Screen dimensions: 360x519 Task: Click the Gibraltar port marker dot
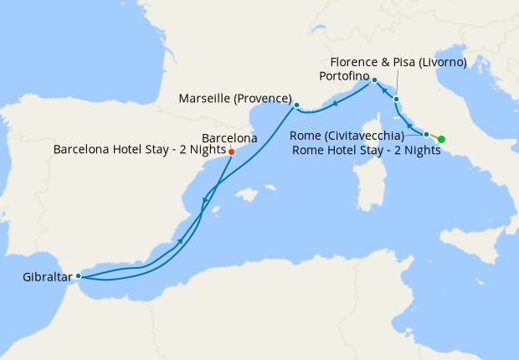[x=78, y=275]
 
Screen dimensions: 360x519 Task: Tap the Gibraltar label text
[x=47, y=275]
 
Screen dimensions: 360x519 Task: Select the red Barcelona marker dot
[x=231, y=152]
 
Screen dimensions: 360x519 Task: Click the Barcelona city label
[x=230, y=137]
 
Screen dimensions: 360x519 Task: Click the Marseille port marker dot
[x=296, y=105]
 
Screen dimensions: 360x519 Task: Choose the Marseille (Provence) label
[x=235, y=99]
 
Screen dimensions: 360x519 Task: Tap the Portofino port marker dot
[x=374, y=80]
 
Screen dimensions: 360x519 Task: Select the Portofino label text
[x=346, y=76]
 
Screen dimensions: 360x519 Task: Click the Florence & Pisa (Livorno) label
[x=398, y=62]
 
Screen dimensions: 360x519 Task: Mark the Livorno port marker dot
[x=396, y=99]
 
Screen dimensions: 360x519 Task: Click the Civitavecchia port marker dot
[x=427, y=134]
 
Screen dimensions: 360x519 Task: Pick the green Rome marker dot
[x=441, y=139]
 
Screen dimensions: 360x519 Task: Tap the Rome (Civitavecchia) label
[x=347, y=136]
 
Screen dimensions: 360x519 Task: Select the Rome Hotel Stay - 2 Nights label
[x=367, y=151]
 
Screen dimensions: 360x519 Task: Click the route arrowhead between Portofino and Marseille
[x=334, y=104]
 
